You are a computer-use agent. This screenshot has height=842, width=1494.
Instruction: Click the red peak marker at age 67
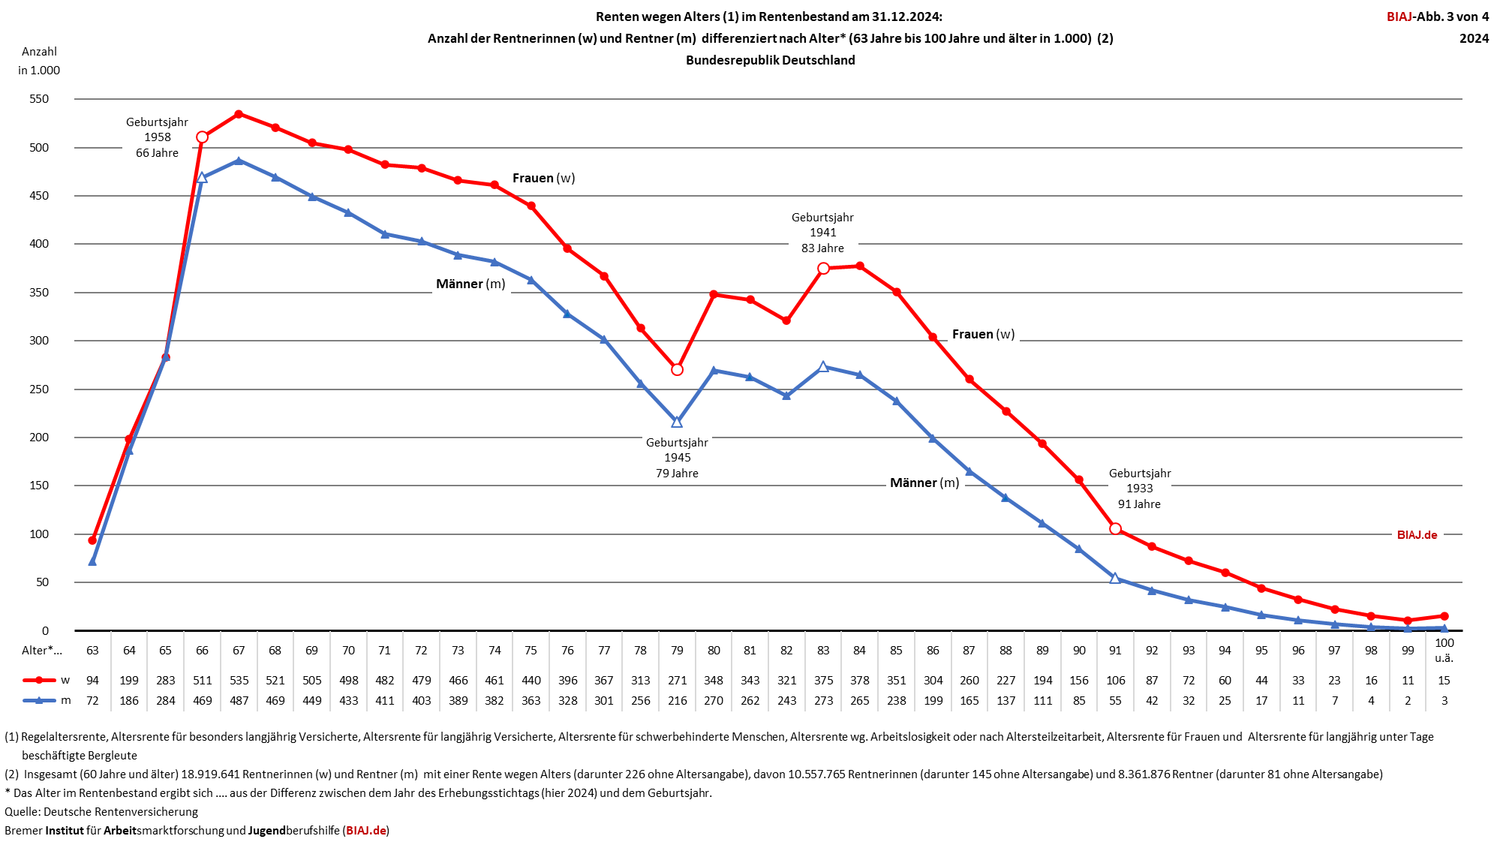(239, 114)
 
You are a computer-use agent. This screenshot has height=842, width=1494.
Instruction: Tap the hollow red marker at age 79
(677, 369)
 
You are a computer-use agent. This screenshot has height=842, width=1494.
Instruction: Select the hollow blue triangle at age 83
(823, 367)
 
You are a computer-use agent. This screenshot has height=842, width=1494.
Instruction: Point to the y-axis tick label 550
(39, 99)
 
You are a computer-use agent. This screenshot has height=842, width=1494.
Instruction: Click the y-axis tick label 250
(39, 389)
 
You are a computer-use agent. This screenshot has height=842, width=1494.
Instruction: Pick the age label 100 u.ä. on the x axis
(1444, 650)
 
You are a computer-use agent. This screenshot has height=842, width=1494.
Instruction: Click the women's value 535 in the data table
(239, 680)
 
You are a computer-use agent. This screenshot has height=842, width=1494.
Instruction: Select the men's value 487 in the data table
(239, 700)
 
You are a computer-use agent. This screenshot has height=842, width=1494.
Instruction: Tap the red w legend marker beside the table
(39, 680)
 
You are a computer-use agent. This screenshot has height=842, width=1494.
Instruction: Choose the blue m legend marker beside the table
(39, 700)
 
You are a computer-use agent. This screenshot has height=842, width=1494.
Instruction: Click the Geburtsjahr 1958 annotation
(157, 137)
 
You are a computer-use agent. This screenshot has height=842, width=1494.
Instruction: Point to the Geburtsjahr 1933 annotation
(1139, 489)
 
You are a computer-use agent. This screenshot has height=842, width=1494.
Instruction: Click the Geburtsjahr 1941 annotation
(822, 233)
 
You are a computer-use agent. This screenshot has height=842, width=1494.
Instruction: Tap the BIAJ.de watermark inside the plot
(1417, 535)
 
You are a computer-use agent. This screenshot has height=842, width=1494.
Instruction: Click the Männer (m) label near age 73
(470, 284)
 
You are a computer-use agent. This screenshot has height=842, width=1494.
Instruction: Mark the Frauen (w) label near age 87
(983, 334)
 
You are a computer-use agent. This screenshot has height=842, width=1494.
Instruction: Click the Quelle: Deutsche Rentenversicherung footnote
(101, 811)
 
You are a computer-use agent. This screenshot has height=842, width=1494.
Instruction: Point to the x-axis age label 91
(1115, 650)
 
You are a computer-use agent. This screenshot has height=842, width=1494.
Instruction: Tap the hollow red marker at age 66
(202, 137)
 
